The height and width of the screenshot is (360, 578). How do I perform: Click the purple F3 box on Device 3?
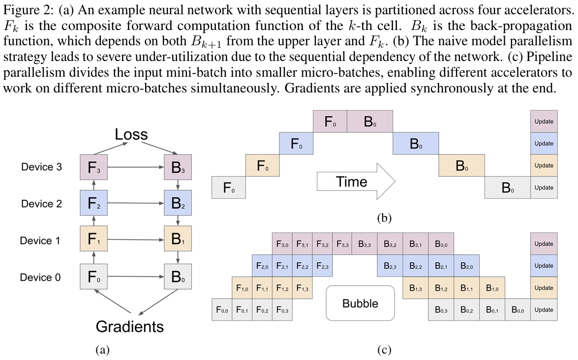[93, 168]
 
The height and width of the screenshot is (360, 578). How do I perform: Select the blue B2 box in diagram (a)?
[178, 204]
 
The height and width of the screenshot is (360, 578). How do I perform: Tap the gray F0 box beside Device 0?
[93, 277]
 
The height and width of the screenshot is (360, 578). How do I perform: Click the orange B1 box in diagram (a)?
[178, 240]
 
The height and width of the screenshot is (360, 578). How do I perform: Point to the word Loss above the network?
[131, 134]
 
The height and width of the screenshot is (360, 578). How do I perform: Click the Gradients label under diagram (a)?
[129, 326]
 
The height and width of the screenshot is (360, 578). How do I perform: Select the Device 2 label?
[41, 204]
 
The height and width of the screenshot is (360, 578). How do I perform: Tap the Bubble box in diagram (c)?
[360, 303]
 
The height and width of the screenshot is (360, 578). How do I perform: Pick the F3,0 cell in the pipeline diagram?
[282, 244]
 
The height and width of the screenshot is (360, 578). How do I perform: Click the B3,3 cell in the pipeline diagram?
[364, 244]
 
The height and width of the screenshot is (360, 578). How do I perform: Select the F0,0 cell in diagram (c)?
[222, 310]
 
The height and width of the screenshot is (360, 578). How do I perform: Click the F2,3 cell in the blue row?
[323, 266]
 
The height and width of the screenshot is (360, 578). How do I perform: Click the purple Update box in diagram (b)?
[544, 121]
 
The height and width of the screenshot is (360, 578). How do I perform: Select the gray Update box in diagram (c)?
[544, 310]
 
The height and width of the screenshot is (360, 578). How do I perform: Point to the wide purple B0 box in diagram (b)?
[369, 121]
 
